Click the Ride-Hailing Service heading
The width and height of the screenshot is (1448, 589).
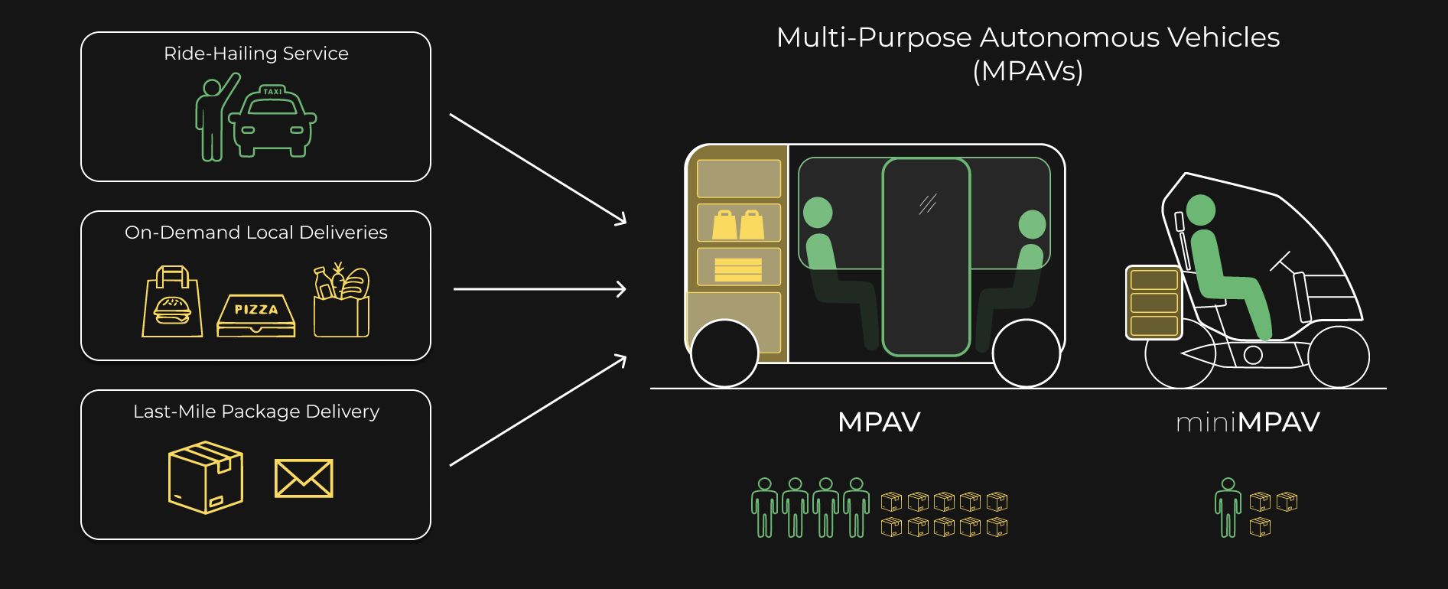pos(255,54)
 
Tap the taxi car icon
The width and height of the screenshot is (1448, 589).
pos(272,122)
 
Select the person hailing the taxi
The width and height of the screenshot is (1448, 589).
pos(213,119)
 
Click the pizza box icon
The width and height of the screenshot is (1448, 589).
pos(255,316)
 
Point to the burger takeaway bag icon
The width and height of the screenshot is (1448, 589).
pos(173,303)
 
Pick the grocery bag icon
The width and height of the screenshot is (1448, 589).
pos(341,301)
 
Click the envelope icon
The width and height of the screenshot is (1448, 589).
pos(304,478)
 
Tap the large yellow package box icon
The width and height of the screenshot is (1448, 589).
pos(205,477)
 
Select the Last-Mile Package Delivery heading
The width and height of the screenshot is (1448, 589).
pos(255,412)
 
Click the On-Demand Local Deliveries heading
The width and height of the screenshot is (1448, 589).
pos(255,233)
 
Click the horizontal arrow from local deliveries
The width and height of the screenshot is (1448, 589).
pos(539,289)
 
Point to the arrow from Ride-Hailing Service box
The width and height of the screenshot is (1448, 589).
pos(538,169)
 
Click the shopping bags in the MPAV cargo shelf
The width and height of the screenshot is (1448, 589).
pos(738,224)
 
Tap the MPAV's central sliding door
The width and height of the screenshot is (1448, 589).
pos(926,257)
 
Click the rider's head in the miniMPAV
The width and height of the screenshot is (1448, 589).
pos(1200,210)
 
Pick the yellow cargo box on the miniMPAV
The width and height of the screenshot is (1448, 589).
pos(1154,302)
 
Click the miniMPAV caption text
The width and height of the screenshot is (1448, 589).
pos(1248,422)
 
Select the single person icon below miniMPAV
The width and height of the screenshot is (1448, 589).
pos(1228,507)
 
